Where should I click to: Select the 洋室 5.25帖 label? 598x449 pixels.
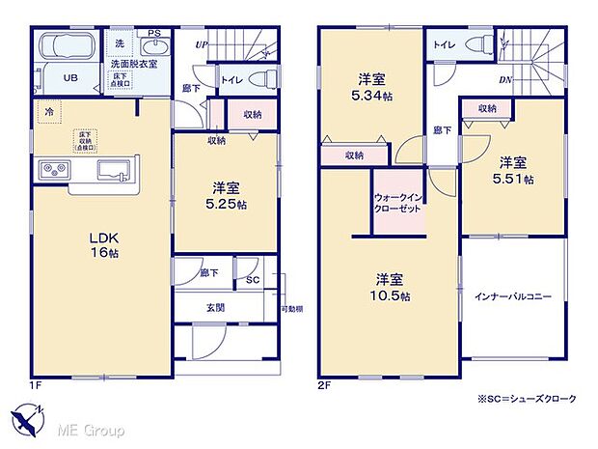[x=226, y=195]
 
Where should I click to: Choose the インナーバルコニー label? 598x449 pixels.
[x=512, y=297]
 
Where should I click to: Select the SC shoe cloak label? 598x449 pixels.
[x=253, y=279]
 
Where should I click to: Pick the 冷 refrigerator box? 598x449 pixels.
[x=47, y=112]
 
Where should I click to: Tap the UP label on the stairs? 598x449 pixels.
[x=201, y=44]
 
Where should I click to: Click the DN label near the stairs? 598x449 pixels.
[x=504, y=80]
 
